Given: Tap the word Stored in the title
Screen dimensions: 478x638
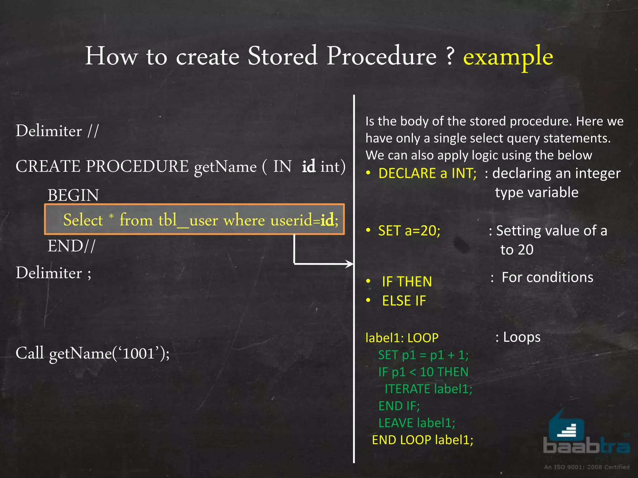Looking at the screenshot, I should click(x=282, y=56).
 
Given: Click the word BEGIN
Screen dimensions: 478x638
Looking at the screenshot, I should click(x=73, y=195).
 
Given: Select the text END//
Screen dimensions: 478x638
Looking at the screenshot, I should click(x=71, y=246).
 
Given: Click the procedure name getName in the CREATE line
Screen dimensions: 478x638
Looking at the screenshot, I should click(x=225, y=167).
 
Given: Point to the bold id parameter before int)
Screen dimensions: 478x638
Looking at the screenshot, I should click(x=308, y=166).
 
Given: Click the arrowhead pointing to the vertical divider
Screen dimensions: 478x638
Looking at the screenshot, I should click(x=350, y=264).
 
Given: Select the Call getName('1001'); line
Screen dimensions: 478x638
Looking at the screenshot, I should click(x=93, y=354).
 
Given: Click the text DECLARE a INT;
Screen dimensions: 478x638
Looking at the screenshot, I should click(x=427, y=174).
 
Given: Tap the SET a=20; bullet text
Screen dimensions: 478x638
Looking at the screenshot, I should click(x=409, y=231).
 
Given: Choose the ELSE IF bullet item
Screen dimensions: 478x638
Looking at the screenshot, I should click(x=404, y=301).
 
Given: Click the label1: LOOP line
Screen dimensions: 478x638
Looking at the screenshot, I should click(x=402, y=338).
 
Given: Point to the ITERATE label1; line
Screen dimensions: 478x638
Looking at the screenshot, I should click(x=428, y=389).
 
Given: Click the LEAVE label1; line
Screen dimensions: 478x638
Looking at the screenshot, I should click(x=417, y=423).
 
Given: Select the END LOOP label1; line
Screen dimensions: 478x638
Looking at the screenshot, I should click(x=422, y=440).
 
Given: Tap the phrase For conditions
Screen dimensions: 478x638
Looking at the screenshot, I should click(x=547, y=277).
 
